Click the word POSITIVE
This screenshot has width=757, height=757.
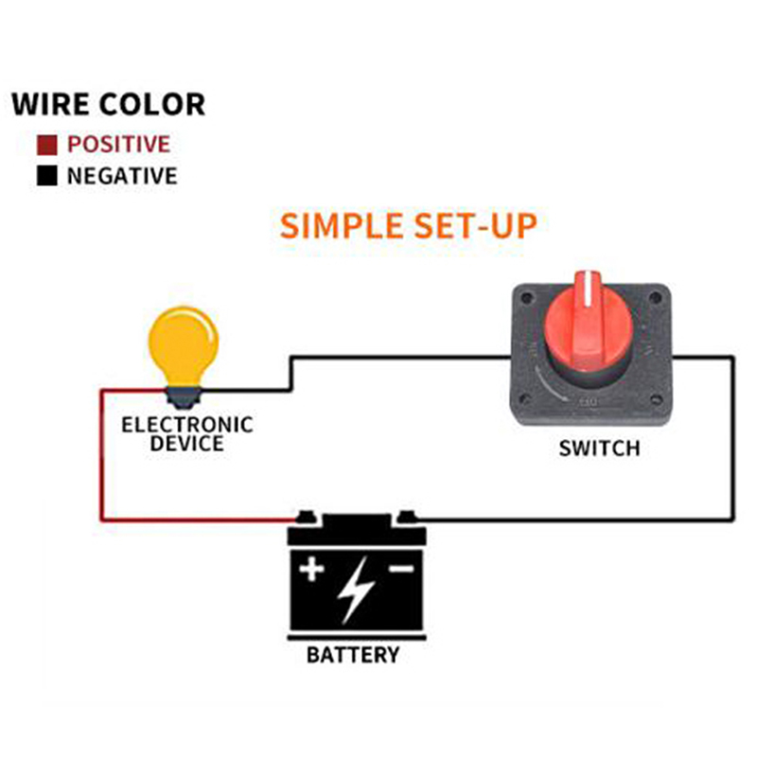pos(118,145)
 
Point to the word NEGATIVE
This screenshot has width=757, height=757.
pos(121,176)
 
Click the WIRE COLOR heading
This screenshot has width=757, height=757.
pos(108,103)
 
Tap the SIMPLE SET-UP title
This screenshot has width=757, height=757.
pos(408,226)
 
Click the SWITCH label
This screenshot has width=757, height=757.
pos(598,448)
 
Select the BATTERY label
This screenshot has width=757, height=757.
pos(353,655)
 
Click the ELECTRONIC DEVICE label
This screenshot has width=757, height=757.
pos(187,433)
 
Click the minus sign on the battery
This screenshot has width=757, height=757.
pos(400,569)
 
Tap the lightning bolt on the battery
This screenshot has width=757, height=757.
pos(355,588)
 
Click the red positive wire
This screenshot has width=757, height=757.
pos(102,454)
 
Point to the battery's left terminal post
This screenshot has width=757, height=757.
pos(304,517)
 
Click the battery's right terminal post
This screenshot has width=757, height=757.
pos(406,517)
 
